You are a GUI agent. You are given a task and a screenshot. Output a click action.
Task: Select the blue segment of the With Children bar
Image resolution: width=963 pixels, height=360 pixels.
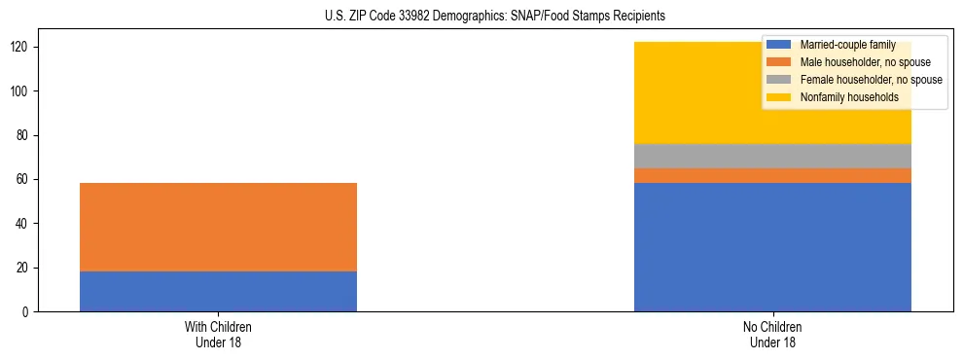point(218,291)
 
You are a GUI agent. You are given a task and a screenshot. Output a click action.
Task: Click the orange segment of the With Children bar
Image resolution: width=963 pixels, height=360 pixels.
point(218,227)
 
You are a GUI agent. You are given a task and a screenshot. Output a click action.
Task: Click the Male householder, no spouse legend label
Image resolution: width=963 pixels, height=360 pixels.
point(864,62)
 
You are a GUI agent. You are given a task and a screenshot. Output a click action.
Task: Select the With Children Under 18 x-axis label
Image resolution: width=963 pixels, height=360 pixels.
point(218,334)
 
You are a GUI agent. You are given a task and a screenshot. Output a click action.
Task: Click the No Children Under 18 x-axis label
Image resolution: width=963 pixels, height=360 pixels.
point(772,334)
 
